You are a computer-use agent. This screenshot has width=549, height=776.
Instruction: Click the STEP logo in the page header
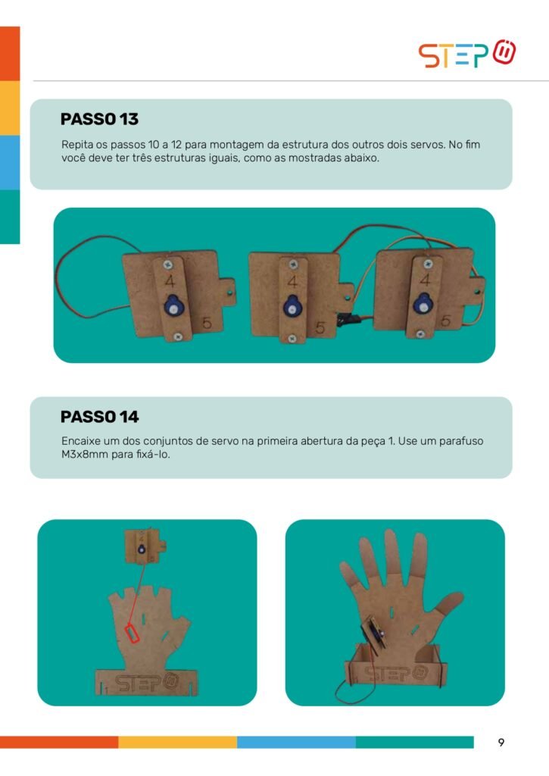(467, 54)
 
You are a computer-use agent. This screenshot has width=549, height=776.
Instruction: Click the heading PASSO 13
(99, 119)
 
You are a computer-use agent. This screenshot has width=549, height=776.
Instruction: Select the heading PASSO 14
(99, 417)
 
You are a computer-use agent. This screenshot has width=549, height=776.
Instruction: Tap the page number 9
(501, 743)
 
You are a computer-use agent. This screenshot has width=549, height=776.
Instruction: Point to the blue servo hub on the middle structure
(292, 306)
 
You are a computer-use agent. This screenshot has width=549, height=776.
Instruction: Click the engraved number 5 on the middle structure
(320, 327)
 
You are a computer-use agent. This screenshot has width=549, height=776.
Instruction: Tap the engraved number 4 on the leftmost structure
(170, 281)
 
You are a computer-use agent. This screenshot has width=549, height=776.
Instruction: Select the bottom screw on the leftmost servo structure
(177, 337)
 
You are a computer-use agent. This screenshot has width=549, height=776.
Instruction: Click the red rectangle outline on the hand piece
(132, 634)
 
